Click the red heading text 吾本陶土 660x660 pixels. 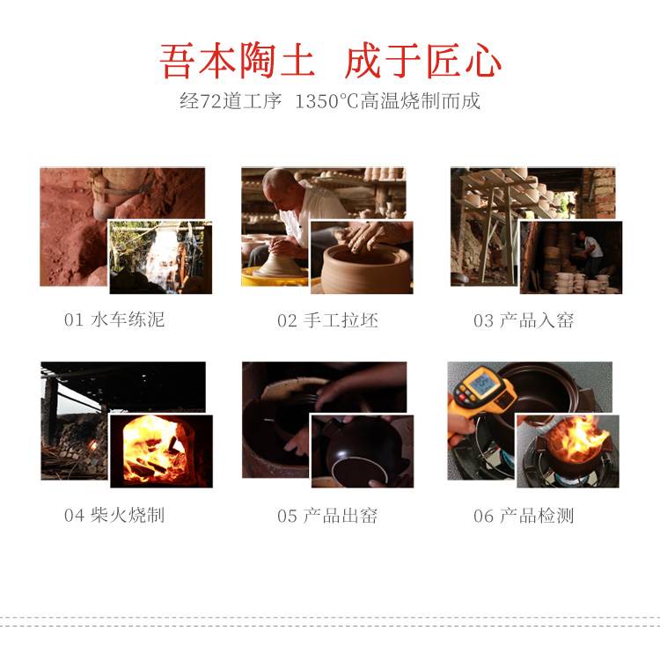(x=237, y=61)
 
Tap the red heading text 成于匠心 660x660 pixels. (x=422, y=61)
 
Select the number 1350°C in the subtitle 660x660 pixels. (x=326, y=101)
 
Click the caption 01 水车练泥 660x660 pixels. (x=114, y=319)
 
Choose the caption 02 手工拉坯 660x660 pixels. (x=327, y=320)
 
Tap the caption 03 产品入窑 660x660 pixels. (x=524, y=320)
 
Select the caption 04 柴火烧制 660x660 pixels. (x=114, y=515)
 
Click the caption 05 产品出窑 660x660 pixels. (x=327, y=516)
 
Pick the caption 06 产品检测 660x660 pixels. (x=524, y=516)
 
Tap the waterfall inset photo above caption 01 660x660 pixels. (x=160, y=257)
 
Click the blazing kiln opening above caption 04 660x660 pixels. (x=155, y=451)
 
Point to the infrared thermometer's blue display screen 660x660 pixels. (x=482, y=382)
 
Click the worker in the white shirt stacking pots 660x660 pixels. (x=590, y=253)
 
